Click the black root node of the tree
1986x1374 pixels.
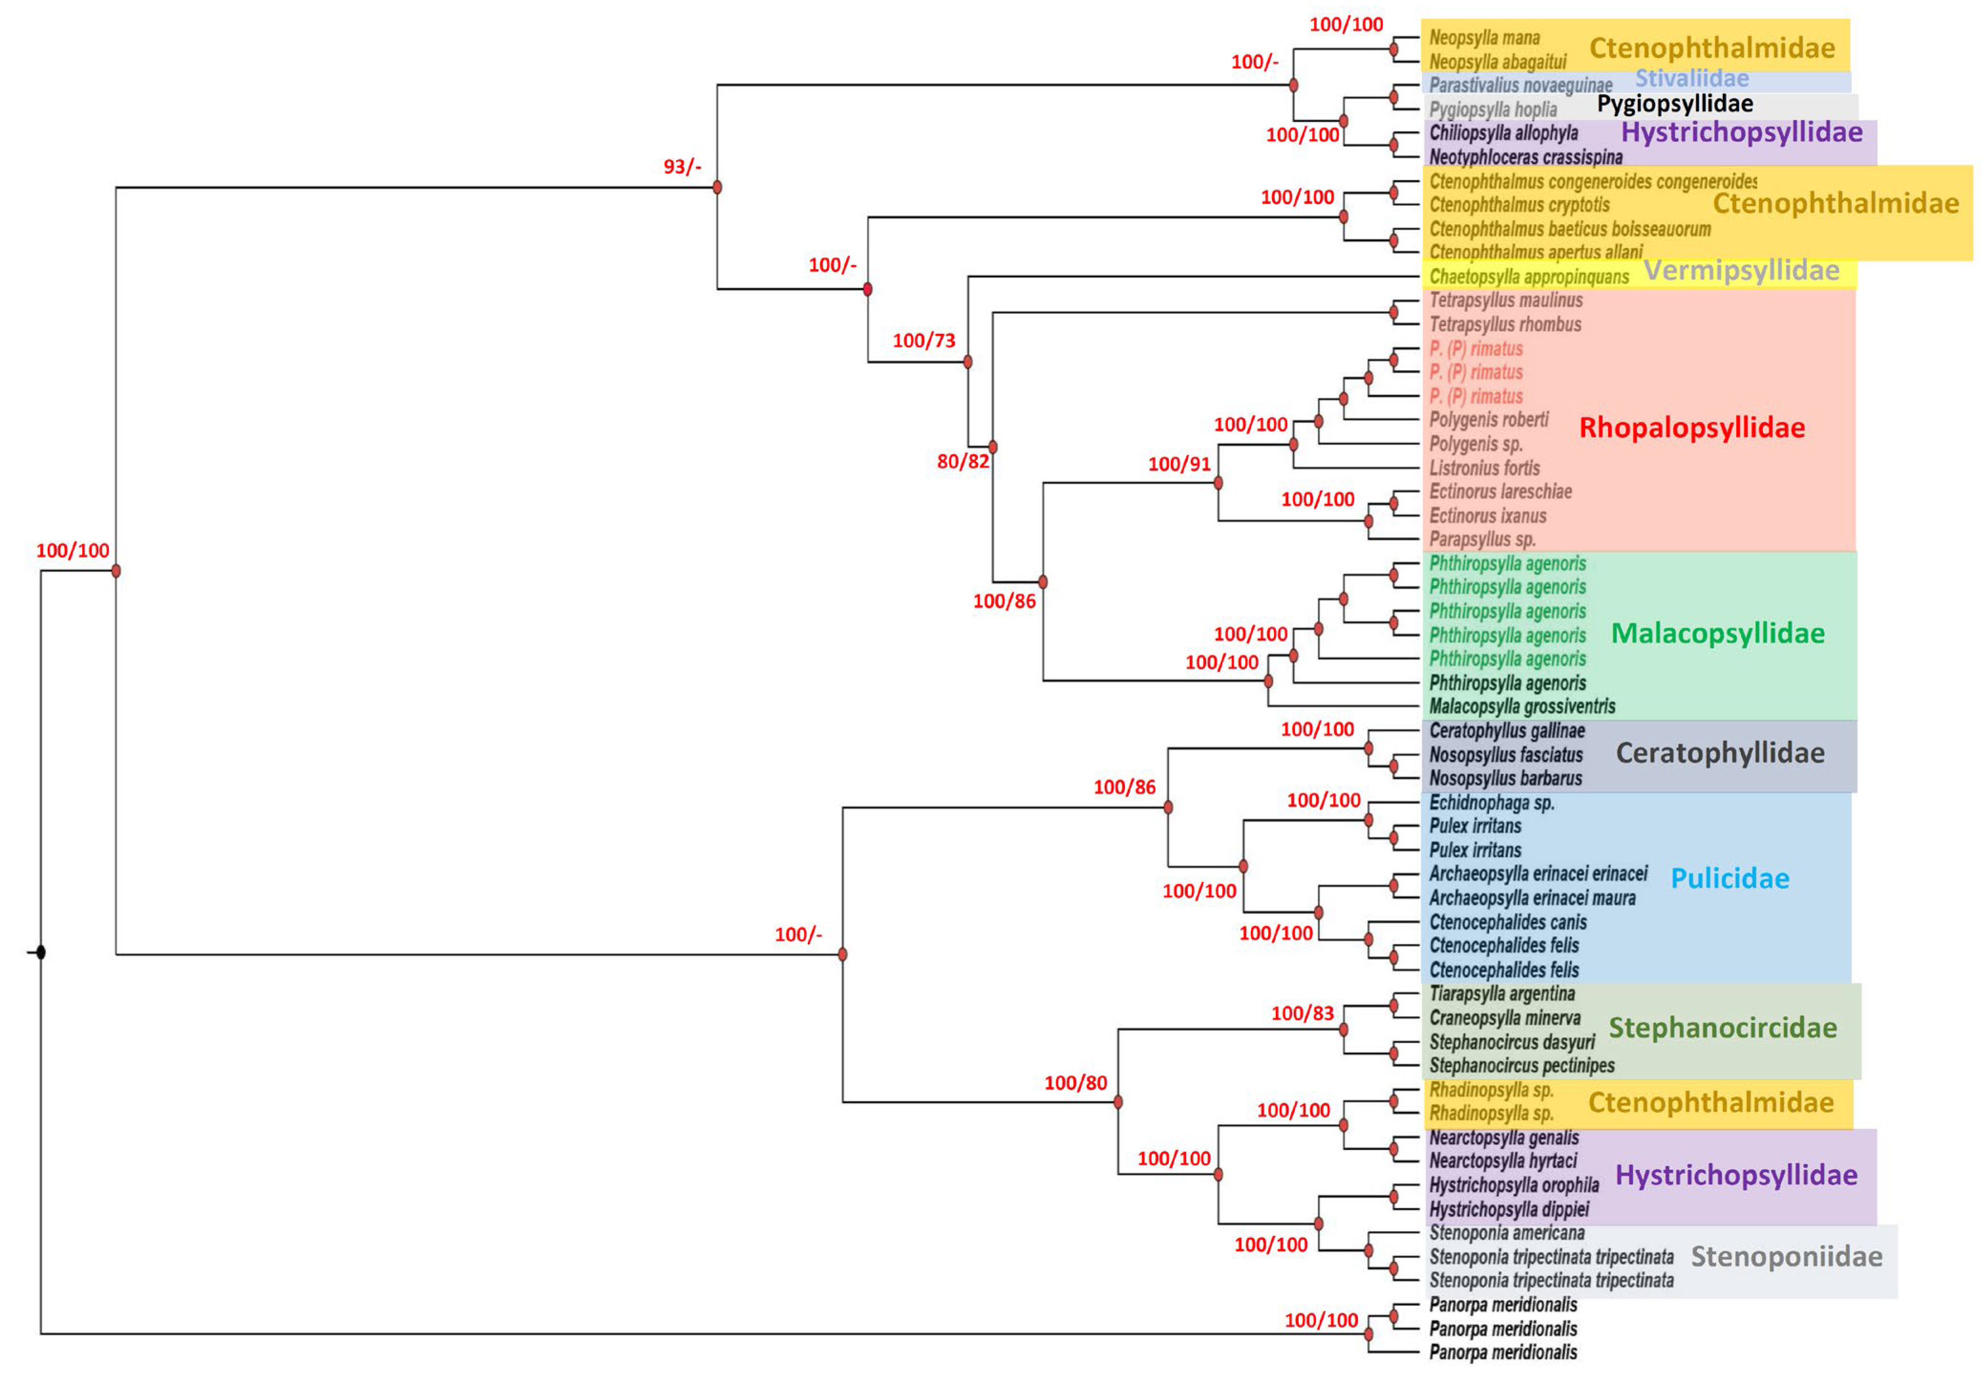point(41,952)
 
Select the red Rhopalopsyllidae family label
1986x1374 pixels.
point(1692,428)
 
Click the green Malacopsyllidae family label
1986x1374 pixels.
point(1718,633)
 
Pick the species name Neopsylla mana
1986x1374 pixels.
point(1484,38)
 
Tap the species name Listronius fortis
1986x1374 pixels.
point(1484,468)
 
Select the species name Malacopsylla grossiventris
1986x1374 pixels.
point(1522,707)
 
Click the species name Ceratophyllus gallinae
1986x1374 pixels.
point(1507,731)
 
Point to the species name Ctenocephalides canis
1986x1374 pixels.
point(1508,922)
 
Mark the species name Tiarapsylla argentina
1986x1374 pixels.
point(1501,994)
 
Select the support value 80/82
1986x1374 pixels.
point(963,462)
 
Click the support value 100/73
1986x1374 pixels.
point(924,341)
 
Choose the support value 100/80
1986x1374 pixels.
point(1075,1083)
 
